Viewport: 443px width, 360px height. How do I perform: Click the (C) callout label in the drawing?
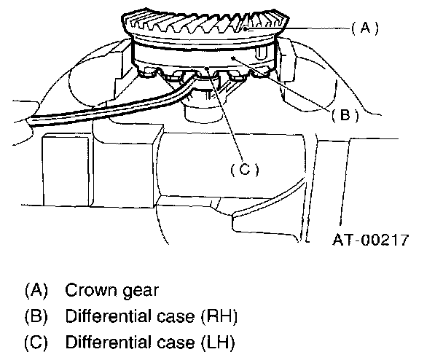(245, 170)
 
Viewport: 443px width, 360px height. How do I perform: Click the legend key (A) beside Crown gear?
(36, 290)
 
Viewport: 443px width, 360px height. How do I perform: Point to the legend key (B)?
(36, 316)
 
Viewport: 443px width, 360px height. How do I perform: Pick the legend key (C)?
(36, 343)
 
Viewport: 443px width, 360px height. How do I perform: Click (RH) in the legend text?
(218, 316)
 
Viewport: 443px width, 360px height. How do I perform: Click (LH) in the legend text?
(217, 343)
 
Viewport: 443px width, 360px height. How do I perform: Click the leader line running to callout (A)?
(313, 28)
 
